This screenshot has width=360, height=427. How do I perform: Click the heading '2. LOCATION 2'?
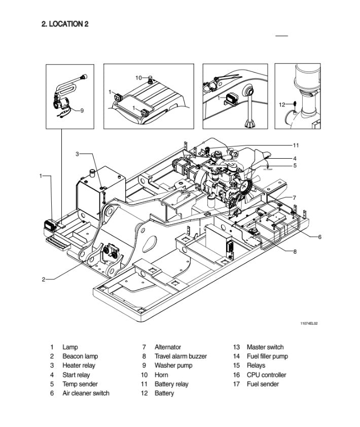point(65,24)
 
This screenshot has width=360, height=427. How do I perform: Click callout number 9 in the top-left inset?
point(82,111)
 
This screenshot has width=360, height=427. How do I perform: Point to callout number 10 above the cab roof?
point(138,78)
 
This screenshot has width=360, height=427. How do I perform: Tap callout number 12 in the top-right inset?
point(282,105)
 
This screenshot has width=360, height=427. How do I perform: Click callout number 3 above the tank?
point(78,154)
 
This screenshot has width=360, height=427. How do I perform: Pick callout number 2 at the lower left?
point(44,279)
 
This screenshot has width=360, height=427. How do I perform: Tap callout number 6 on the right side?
point(320,237)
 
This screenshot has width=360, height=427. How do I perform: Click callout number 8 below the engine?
point(295,252)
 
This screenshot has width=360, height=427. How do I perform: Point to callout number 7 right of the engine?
point(295,197)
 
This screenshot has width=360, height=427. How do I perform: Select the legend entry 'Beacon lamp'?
point(80,357)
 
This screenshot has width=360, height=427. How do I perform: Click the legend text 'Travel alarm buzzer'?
point(181,357)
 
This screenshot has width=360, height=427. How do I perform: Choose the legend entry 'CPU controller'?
point(266,375)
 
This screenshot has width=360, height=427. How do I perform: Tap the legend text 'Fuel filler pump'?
point(267,357)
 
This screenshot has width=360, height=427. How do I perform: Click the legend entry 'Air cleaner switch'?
point(86,393)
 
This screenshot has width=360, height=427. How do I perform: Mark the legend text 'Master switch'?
point(265,347)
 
